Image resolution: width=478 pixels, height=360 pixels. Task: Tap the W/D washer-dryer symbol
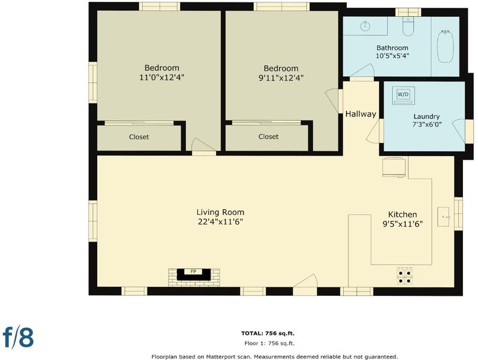(403, 95)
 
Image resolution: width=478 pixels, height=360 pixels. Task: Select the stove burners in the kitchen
(405, 276)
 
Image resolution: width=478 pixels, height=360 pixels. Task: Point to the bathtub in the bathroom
(446, 47)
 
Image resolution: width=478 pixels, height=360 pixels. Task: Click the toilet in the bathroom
(408, 26)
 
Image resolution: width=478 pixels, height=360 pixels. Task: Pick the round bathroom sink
(365, 26)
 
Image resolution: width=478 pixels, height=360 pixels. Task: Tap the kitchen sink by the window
(443, 217)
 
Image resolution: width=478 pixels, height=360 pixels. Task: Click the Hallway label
(360, 114)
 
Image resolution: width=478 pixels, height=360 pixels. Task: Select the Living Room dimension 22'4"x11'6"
(220, 222)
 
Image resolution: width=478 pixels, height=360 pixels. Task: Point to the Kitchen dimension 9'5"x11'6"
(402, 224)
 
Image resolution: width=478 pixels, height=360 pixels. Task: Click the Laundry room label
(426, 116)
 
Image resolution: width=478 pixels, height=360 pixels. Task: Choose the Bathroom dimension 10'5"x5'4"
(392, 56)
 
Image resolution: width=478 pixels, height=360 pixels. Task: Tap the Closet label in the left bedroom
(139, 137)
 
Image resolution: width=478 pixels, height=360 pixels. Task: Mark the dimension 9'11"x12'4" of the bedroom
(281, 78)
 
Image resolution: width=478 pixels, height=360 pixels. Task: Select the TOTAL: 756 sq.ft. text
(267, 333)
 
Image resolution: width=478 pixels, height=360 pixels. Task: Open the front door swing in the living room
(305, 281)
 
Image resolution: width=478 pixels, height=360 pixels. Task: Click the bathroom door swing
(362, 70)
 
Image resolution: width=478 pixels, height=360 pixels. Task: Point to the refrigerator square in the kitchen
(394, 167)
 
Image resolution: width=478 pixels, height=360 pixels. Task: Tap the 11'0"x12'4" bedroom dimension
(161, 77)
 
